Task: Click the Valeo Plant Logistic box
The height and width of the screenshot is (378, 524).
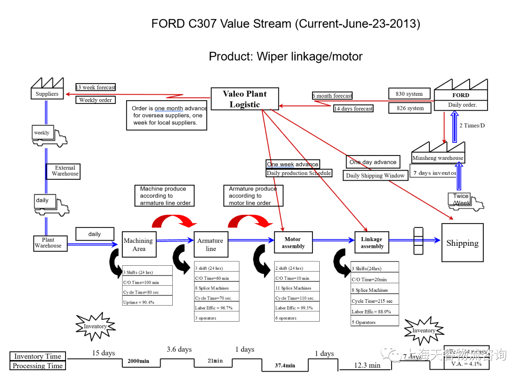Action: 245,99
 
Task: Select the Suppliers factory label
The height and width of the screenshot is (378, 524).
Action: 47,94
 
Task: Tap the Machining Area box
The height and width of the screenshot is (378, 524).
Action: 139,244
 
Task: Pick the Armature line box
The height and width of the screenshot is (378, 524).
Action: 211,244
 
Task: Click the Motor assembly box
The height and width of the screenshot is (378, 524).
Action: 293,242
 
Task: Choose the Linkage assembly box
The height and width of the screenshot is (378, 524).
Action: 372,242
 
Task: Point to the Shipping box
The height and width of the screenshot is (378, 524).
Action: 462,243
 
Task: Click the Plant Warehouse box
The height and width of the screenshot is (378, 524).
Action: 48,243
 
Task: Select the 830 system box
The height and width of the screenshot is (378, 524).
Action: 409,94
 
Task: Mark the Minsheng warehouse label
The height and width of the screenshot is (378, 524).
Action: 438,158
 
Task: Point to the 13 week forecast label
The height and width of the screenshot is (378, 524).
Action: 96,87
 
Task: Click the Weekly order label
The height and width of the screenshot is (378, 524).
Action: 96,100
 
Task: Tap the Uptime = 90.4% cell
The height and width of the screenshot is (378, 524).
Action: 147,302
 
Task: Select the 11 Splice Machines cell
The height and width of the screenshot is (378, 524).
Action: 296,288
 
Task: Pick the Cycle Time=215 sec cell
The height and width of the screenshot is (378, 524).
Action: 374,301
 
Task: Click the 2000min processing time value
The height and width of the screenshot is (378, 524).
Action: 138,361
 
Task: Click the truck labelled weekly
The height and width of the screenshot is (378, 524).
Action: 50,136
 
